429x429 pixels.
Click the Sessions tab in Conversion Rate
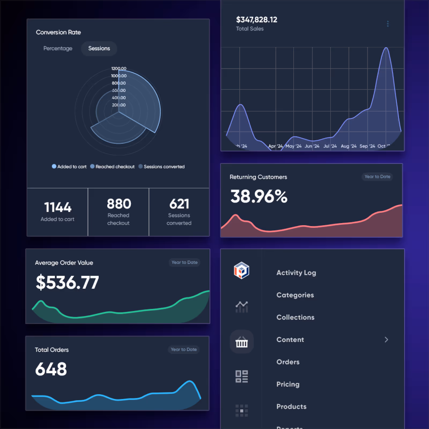coord(99,49)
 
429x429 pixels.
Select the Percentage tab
coord(58,49)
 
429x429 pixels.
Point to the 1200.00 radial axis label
coord(119,69)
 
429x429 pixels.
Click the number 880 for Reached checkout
coord(119,204)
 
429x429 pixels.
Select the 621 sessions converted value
coord(179,204)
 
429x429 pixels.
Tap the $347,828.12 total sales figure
coord(257,20)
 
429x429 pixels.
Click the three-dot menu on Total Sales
coord(388,24)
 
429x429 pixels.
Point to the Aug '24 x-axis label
coord(349,146)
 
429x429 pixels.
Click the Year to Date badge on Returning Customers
coord(377,177)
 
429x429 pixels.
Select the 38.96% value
coord(259,196)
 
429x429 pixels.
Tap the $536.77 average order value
coord(67,282)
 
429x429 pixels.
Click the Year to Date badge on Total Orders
coord(184,350)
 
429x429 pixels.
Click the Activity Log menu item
coord(296,273)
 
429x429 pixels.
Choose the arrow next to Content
coord(386,340)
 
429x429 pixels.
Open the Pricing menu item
coord(288,384)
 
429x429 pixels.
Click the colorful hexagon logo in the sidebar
coord(242,270)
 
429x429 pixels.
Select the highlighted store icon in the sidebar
coord(242,342)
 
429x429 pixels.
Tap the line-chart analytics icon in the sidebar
coord(242,307)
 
